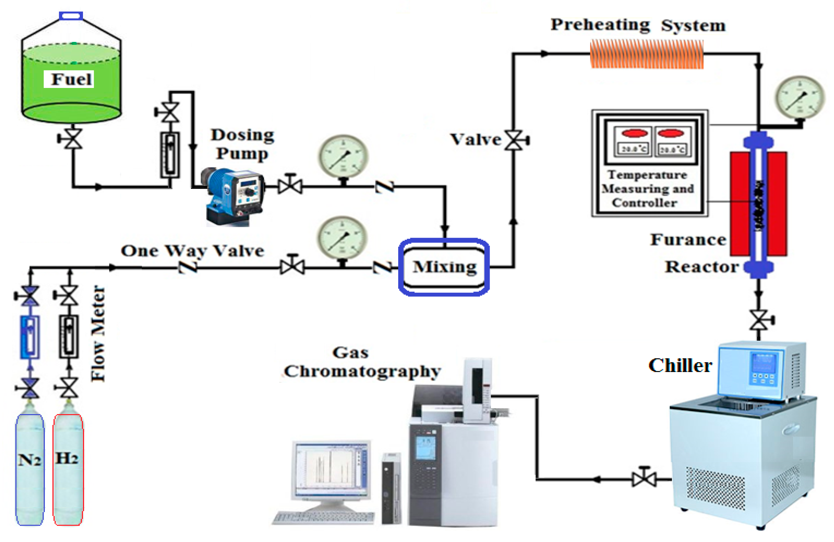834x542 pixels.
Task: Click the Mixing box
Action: tap(444, 267)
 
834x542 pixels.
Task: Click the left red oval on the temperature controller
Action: tap(634, 133)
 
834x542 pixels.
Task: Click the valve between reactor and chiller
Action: tap(759, 320)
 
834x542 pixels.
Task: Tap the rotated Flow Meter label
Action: tap(98, 333)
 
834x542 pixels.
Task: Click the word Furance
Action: tap(688, 240)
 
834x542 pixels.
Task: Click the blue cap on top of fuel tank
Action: tap(71, 16)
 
